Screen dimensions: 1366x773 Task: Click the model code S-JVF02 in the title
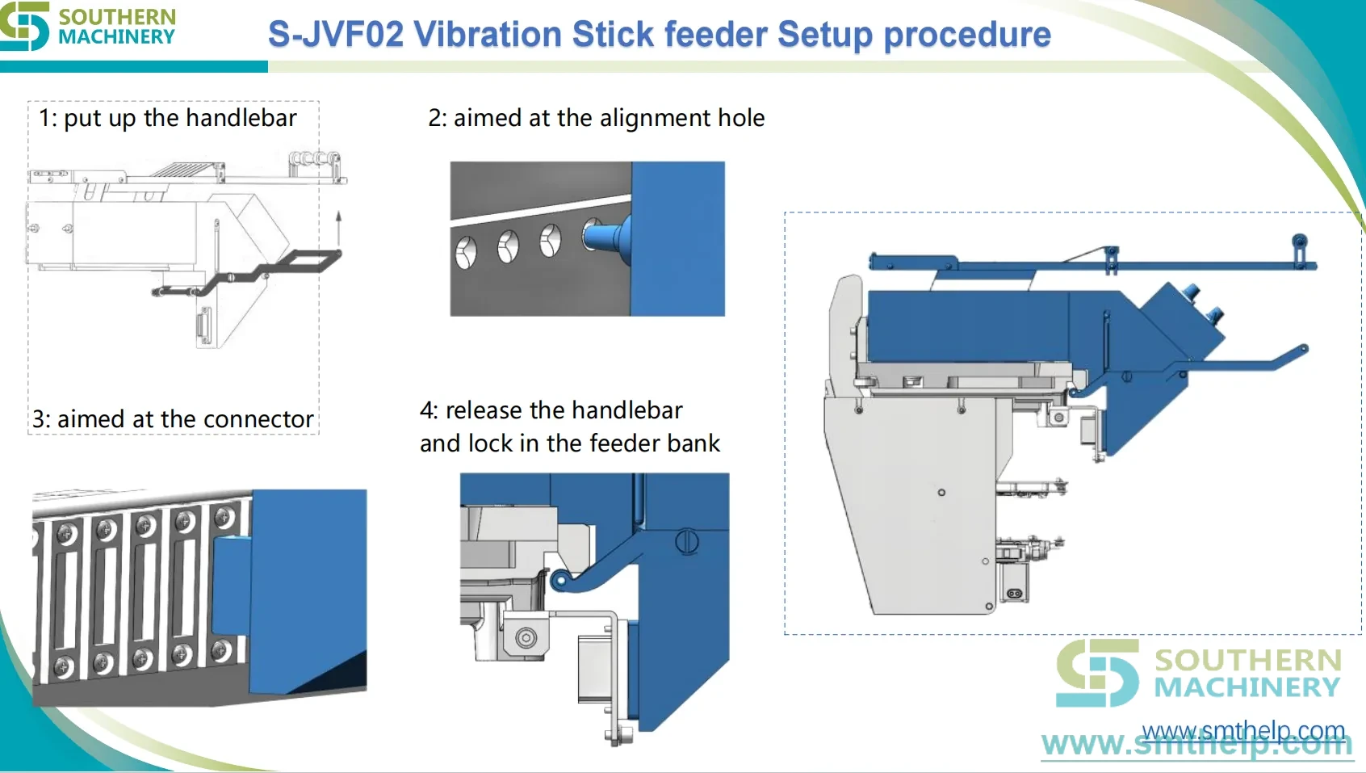pos(336,34)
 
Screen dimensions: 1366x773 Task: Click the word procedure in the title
pos(967,36)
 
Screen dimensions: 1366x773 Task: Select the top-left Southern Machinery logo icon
pos(24,26)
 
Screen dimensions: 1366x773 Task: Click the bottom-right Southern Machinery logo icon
pos(1097,673)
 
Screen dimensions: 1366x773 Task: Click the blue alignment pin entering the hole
pos(609,240)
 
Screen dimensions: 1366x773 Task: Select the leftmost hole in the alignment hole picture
pos(466,252)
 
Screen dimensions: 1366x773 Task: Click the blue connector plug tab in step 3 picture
pos(231,584)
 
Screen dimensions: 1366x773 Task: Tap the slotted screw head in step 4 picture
pos(687,542)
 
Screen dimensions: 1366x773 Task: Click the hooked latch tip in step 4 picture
pos(559,580)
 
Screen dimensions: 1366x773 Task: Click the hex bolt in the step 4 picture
pos(525,638)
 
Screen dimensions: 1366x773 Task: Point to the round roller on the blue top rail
pos(1300,241)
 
